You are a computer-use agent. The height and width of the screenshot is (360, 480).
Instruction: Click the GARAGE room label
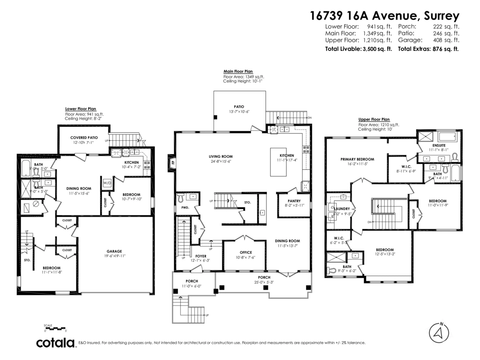(x=114, y=252)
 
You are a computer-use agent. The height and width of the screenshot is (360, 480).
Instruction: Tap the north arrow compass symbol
(x=438, y=332)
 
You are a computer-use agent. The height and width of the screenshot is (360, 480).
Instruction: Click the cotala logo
(x=56, y=343)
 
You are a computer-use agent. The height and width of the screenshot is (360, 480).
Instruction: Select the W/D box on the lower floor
(x=108, y=183)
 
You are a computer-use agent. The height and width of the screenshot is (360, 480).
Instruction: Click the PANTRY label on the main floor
(x=294, y=201)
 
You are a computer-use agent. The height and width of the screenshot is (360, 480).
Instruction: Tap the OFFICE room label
(x=246, y=252)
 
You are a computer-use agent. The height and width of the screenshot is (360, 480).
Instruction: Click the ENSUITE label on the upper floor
(x=439, y=144)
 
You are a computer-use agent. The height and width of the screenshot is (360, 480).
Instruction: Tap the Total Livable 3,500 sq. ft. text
(x=358, y=49)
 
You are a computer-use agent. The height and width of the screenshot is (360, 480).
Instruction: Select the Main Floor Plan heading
(x=238, y=71)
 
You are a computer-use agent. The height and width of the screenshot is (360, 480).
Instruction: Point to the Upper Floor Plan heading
(x=374, y=119)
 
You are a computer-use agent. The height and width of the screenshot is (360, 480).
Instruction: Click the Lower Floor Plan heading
(x=80, y=109)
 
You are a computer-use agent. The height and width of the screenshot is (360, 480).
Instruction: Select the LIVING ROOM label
(x=220, y=156)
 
